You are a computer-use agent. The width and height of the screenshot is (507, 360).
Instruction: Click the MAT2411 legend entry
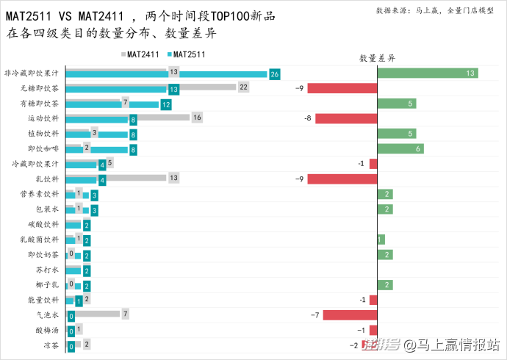[143, 54]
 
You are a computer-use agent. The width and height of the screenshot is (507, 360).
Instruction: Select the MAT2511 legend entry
[187, 54]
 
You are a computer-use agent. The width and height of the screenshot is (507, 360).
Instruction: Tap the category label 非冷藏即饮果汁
[34, 73]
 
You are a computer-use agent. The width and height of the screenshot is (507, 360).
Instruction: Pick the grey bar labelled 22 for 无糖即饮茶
[151, 87]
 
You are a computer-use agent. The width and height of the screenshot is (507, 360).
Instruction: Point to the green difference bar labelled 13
[428, 73]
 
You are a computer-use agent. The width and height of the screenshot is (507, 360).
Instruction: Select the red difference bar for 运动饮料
[346, 118]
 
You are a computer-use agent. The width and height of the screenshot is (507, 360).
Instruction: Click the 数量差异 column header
[377, 57]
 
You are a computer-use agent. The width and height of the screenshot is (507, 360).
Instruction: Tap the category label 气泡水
[48, 315]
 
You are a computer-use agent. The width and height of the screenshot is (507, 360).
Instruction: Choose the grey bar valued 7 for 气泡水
[93, 314]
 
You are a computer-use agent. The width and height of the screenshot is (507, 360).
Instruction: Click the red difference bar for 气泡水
[350, 315]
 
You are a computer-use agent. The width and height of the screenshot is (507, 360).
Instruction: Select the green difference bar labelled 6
[400, 148]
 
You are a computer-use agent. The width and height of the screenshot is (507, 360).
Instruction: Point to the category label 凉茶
[51, 345]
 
